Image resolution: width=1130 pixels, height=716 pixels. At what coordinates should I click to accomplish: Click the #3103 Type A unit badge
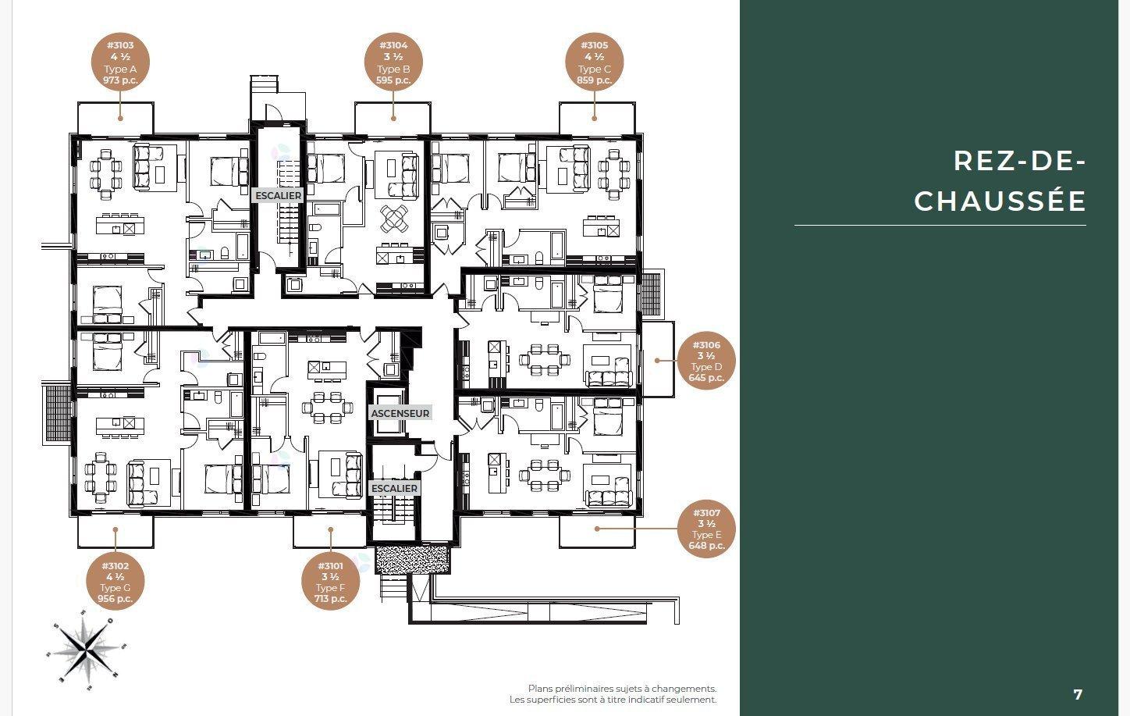pyautogui.click(x=120, y=62)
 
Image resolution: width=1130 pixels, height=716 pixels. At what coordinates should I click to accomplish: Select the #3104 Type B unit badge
pyautogui.click(x=393, y=62)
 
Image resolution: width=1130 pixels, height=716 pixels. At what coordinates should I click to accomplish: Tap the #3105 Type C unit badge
pyautogui.click(x=594, y=62)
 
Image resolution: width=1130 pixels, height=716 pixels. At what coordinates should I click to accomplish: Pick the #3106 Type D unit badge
pyautogui.click(x=706, y=361)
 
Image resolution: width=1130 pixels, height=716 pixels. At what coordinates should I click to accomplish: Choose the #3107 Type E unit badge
pyautogui.click(x=706, y=529)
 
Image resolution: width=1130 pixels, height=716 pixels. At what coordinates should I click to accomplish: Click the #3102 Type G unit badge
pyautogui.click(x=115, y=582)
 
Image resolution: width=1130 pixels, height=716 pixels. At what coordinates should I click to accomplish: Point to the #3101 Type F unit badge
pyautogui.click(x=330, y=582)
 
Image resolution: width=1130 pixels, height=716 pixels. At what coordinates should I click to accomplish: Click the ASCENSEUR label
pyautogui.click(x=400, y=413)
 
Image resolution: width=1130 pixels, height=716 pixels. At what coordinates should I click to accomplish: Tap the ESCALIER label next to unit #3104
pyautogui.click(x=278, y=195)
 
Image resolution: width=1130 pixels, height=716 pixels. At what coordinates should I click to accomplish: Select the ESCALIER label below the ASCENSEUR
pyautogui.click(x=395, y=489)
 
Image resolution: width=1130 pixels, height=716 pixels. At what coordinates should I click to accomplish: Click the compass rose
pyautogui.click(x=87, y=651)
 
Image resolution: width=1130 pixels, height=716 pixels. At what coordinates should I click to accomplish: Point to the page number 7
pyautogui.click(x=1078, y=695)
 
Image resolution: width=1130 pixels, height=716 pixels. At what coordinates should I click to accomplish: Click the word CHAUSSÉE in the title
pyautogui.click(x=1000, y=201)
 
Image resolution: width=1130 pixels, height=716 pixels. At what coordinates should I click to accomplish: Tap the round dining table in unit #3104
pyautogui.click(x=394, y=218)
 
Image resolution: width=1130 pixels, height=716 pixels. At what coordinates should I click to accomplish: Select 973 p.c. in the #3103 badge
pyautogui.click(x=120, y=80)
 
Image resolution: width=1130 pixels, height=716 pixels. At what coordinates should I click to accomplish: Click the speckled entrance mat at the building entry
pyautogui.click(x=412, y=558)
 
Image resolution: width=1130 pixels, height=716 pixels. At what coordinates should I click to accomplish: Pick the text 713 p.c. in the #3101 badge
pyautogui.click(x=330, y=599)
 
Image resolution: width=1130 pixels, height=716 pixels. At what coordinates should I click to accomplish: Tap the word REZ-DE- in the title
pyautogui.click(x=1020, y=162)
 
